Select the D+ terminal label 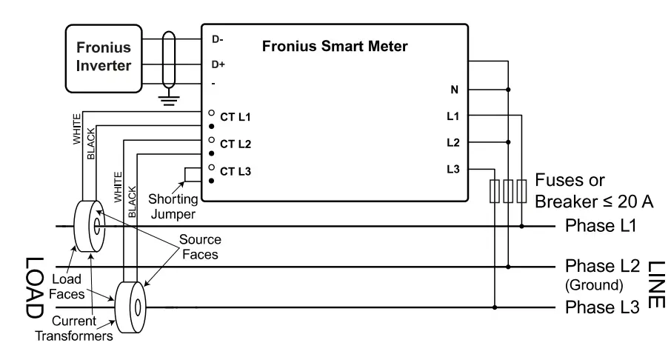218,64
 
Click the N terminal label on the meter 454,90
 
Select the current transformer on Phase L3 130,307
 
